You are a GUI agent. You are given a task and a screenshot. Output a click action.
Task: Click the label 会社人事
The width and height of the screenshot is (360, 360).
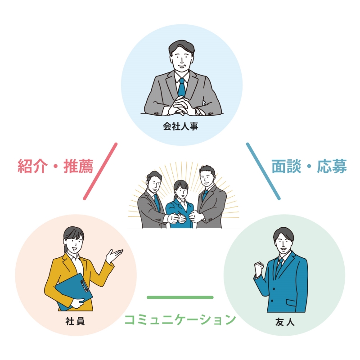click(180, 126)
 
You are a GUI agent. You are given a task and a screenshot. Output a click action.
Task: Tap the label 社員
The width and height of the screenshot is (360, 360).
click(75, 321)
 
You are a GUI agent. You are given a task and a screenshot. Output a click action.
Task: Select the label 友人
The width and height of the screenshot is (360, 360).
click(285, 322)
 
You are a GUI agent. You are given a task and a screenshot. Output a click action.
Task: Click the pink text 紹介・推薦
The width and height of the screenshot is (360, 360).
click(55, 166)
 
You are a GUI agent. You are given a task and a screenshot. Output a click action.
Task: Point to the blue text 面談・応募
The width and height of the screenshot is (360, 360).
click(309, 166)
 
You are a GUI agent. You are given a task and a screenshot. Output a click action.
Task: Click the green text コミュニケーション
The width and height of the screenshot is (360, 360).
click(180, 319)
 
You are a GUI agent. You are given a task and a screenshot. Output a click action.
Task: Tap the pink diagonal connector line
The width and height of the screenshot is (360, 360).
click(100, 171)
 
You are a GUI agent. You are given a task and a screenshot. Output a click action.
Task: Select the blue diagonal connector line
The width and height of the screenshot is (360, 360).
click(263, 171)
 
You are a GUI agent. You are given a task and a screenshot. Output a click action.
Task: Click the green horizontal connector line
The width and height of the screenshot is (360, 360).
click(180, 297)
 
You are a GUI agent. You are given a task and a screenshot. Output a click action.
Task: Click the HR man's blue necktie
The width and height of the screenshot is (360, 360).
click(182, 87)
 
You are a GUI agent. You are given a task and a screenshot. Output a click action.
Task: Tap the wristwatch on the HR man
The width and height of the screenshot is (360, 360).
click(198, 111)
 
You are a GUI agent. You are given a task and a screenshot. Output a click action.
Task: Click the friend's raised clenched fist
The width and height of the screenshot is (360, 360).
click(259, 267)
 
